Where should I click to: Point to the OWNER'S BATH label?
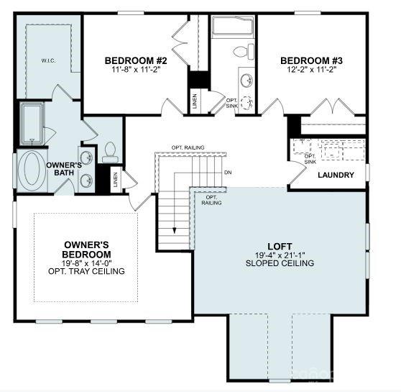(x=62, y=169)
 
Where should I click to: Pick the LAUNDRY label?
(x=335, y=175)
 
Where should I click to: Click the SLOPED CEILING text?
(x=280, y=263)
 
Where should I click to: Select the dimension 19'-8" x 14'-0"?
(x=86, y=263)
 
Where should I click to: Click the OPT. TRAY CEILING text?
(x=86, y=271)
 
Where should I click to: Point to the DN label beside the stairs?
(x=228, y=173)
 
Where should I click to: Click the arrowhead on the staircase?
(x=174, y=231)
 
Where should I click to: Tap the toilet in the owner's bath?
(x=110, y=150)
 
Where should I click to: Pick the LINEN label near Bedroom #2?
(x=195, y=101)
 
